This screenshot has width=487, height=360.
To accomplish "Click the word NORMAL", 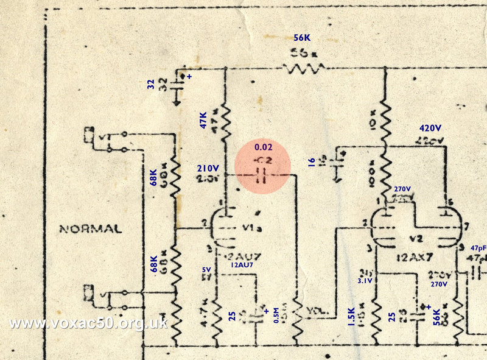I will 91,230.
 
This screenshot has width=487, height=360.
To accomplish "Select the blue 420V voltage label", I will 432,129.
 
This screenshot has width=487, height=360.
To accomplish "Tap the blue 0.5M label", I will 277,317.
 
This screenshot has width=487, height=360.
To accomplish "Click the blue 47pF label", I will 479,249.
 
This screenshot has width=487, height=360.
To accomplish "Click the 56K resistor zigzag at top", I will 302,68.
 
